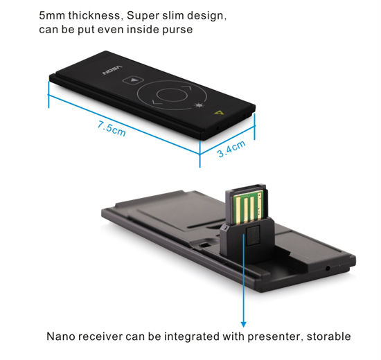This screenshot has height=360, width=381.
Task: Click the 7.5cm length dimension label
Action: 112,129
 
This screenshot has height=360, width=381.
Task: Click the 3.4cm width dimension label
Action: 231,149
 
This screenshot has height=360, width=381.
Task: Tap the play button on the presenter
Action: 133,80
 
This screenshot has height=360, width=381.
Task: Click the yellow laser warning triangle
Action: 219,112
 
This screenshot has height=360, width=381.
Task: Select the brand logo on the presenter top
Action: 112,70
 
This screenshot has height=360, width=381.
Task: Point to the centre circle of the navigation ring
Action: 172,95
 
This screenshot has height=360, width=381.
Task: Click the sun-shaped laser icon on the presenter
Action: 199,105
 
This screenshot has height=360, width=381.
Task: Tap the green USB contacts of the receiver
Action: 248,207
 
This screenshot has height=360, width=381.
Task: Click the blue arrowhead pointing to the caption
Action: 243,324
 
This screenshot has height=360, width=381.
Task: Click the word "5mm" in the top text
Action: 52,15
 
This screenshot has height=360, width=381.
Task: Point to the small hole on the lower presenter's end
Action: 328,268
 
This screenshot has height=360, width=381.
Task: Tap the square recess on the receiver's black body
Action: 253,235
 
